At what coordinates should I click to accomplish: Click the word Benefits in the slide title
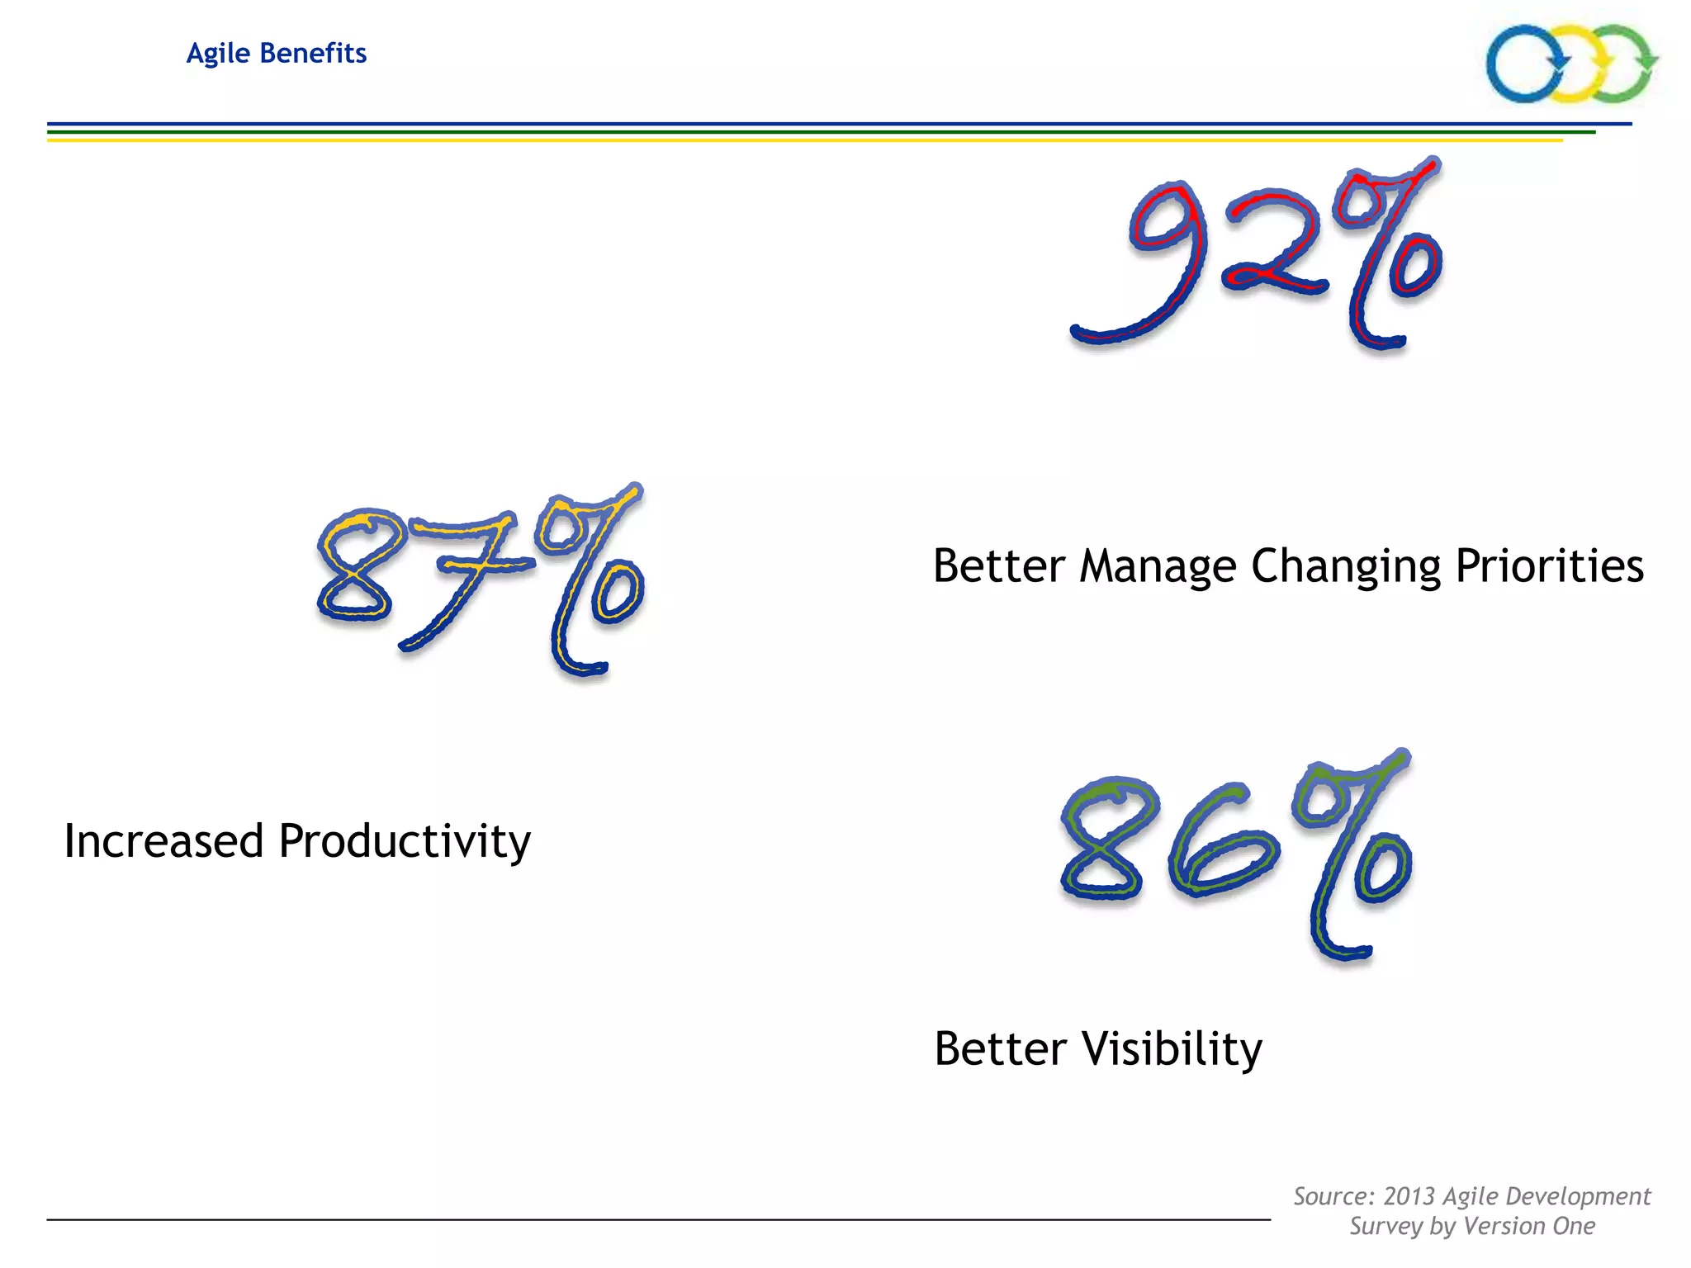tap(313, 53)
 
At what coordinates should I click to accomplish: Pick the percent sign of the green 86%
tap(1354, 854)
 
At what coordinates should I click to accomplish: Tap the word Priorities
tap(1549, 567)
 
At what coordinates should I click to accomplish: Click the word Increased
tap(163, 841)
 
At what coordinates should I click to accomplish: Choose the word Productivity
tap(405, 841)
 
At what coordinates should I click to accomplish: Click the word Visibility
tap(1172, 1049)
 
